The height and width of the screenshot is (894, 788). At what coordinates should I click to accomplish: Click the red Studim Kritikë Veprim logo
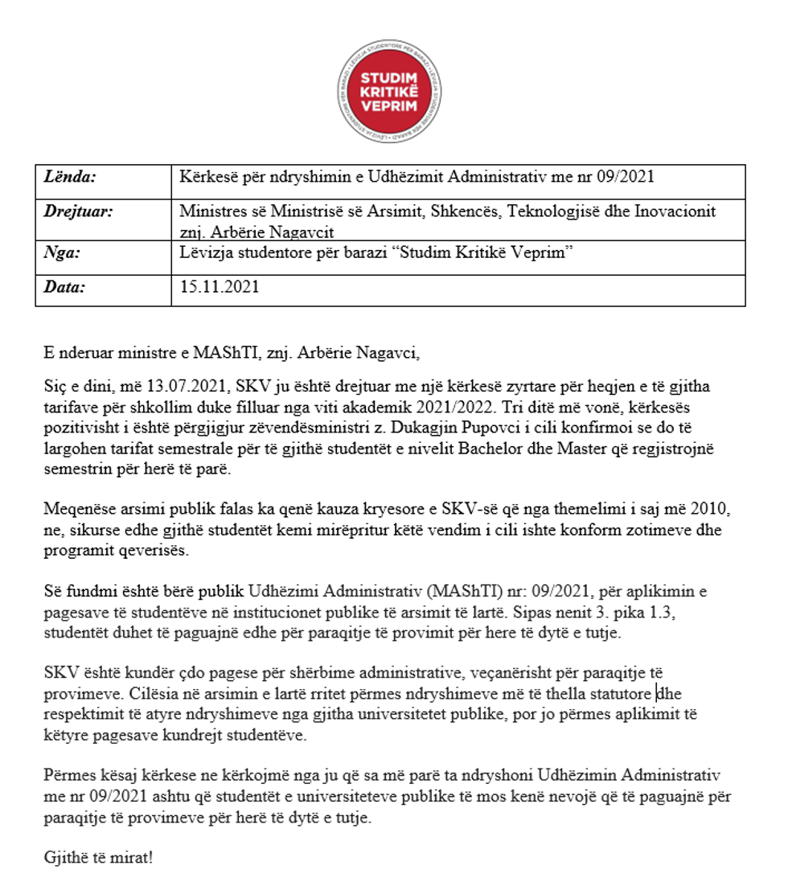coord(388,91)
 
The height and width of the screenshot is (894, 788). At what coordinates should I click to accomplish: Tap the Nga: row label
coord(63,252)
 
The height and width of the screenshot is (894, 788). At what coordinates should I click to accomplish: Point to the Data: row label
coord(65,285)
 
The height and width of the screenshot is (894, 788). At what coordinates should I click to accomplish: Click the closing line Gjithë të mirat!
coord(98,857)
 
